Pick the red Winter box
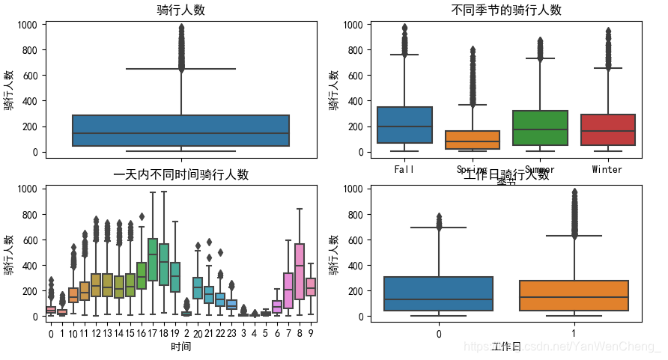tap(607, 129)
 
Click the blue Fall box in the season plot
tap(405, 125)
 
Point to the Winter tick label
tap(607, 169)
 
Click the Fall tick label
tap(405, 169)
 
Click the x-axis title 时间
tap(180, 347)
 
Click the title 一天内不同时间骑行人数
tap(180, 175)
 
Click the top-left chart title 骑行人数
tap(181, 10)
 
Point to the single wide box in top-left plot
tap(181, 130)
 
